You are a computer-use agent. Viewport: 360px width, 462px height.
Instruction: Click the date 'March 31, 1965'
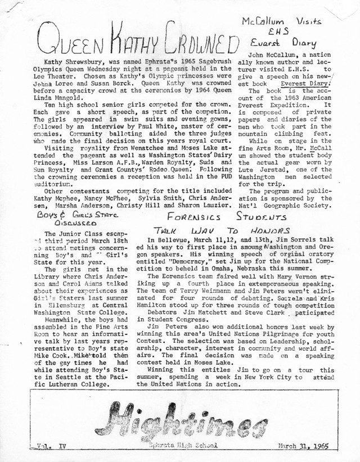(304, 447)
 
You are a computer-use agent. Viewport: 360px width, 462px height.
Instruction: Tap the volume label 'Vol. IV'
(50, 447)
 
